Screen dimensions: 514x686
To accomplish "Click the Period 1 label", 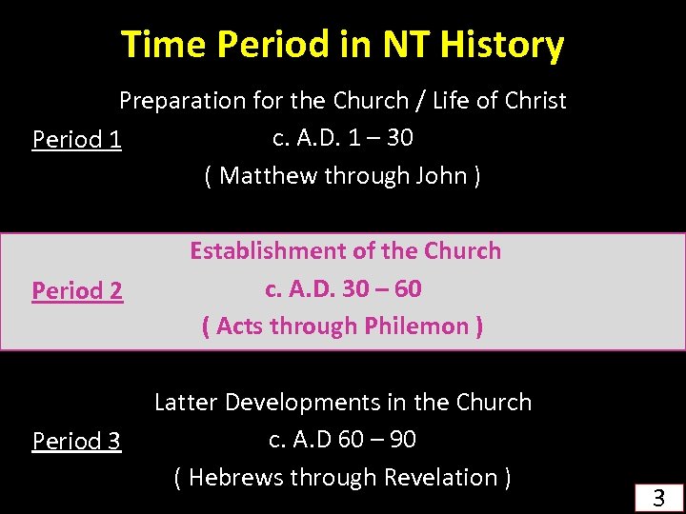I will tap(76, 140).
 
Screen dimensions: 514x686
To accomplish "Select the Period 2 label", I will tap(77, 290).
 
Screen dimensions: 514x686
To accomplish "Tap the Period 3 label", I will tap(76, 441).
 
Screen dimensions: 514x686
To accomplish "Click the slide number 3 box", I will tap(657, 496).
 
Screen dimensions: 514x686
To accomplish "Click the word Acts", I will tap(241, 326).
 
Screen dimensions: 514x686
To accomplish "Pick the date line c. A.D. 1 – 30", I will tap(343, 138).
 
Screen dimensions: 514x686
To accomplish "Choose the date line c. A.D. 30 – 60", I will tap(343, 288).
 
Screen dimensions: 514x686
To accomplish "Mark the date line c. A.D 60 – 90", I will tap(343, 439).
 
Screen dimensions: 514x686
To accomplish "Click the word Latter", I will tap(187, 403).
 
